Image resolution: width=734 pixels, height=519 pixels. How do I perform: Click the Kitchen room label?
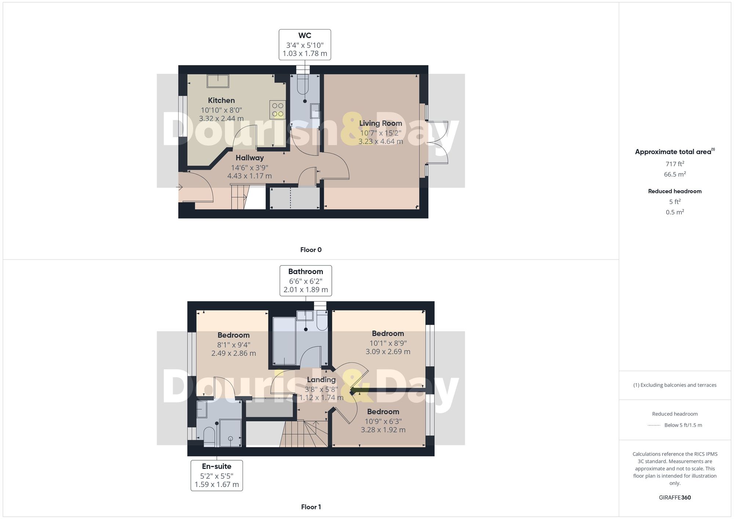tap(221, 100)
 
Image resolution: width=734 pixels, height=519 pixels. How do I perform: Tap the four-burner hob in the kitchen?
tap(277, 110)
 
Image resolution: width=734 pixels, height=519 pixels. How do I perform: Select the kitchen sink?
tap(218, 81)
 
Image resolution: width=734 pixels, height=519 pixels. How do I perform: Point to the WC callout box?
tap(305, 45)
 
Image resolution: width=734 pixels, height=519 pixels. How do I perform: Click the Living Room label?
tap(381, 124)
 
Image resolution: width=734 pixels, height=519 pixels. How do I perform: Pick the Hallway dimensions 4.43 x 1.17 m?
tap(250, 176)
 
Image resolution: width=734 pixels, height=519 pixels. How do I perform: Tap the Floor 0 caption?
tap(311, 250)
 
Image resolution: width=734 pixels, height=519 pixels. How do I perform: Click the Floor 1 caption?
tap(311, 507)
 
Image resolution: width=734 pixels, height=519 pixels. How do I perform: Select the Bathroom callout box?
tap(306, 281)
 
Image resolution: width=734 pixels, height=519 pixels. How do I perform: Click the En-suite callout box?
tap(217, 475)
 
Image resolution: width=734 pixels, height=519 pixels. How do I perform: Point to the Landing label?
tap(321, 380)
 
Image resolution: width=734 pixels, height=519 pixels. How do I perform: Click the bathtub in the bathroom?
tap(284, 341)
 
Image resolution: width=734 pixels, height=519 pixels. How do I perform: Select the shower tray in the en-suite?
tap(230, 433)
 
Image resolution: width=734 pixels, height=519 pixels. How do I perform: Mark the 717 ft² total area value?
tap(675, 164)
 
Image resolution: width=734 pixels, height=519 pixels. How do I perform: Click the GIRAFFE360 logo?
tap(675, 498)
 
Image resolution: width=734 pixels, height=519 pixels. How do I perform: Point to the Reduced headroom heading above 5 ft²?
tap(675, 191)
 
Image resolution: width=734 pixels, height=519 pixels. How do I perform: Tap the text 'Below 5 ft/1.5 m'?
tap(683, 425)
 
